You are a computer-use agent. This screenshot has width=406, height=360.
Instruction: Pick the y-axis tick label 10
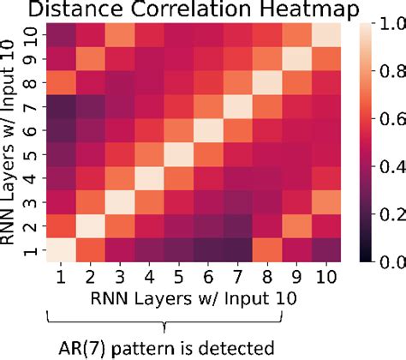(33, 36)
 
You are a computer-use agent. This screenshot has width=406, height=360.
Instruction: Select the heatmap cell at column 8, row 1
(263, 249)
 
